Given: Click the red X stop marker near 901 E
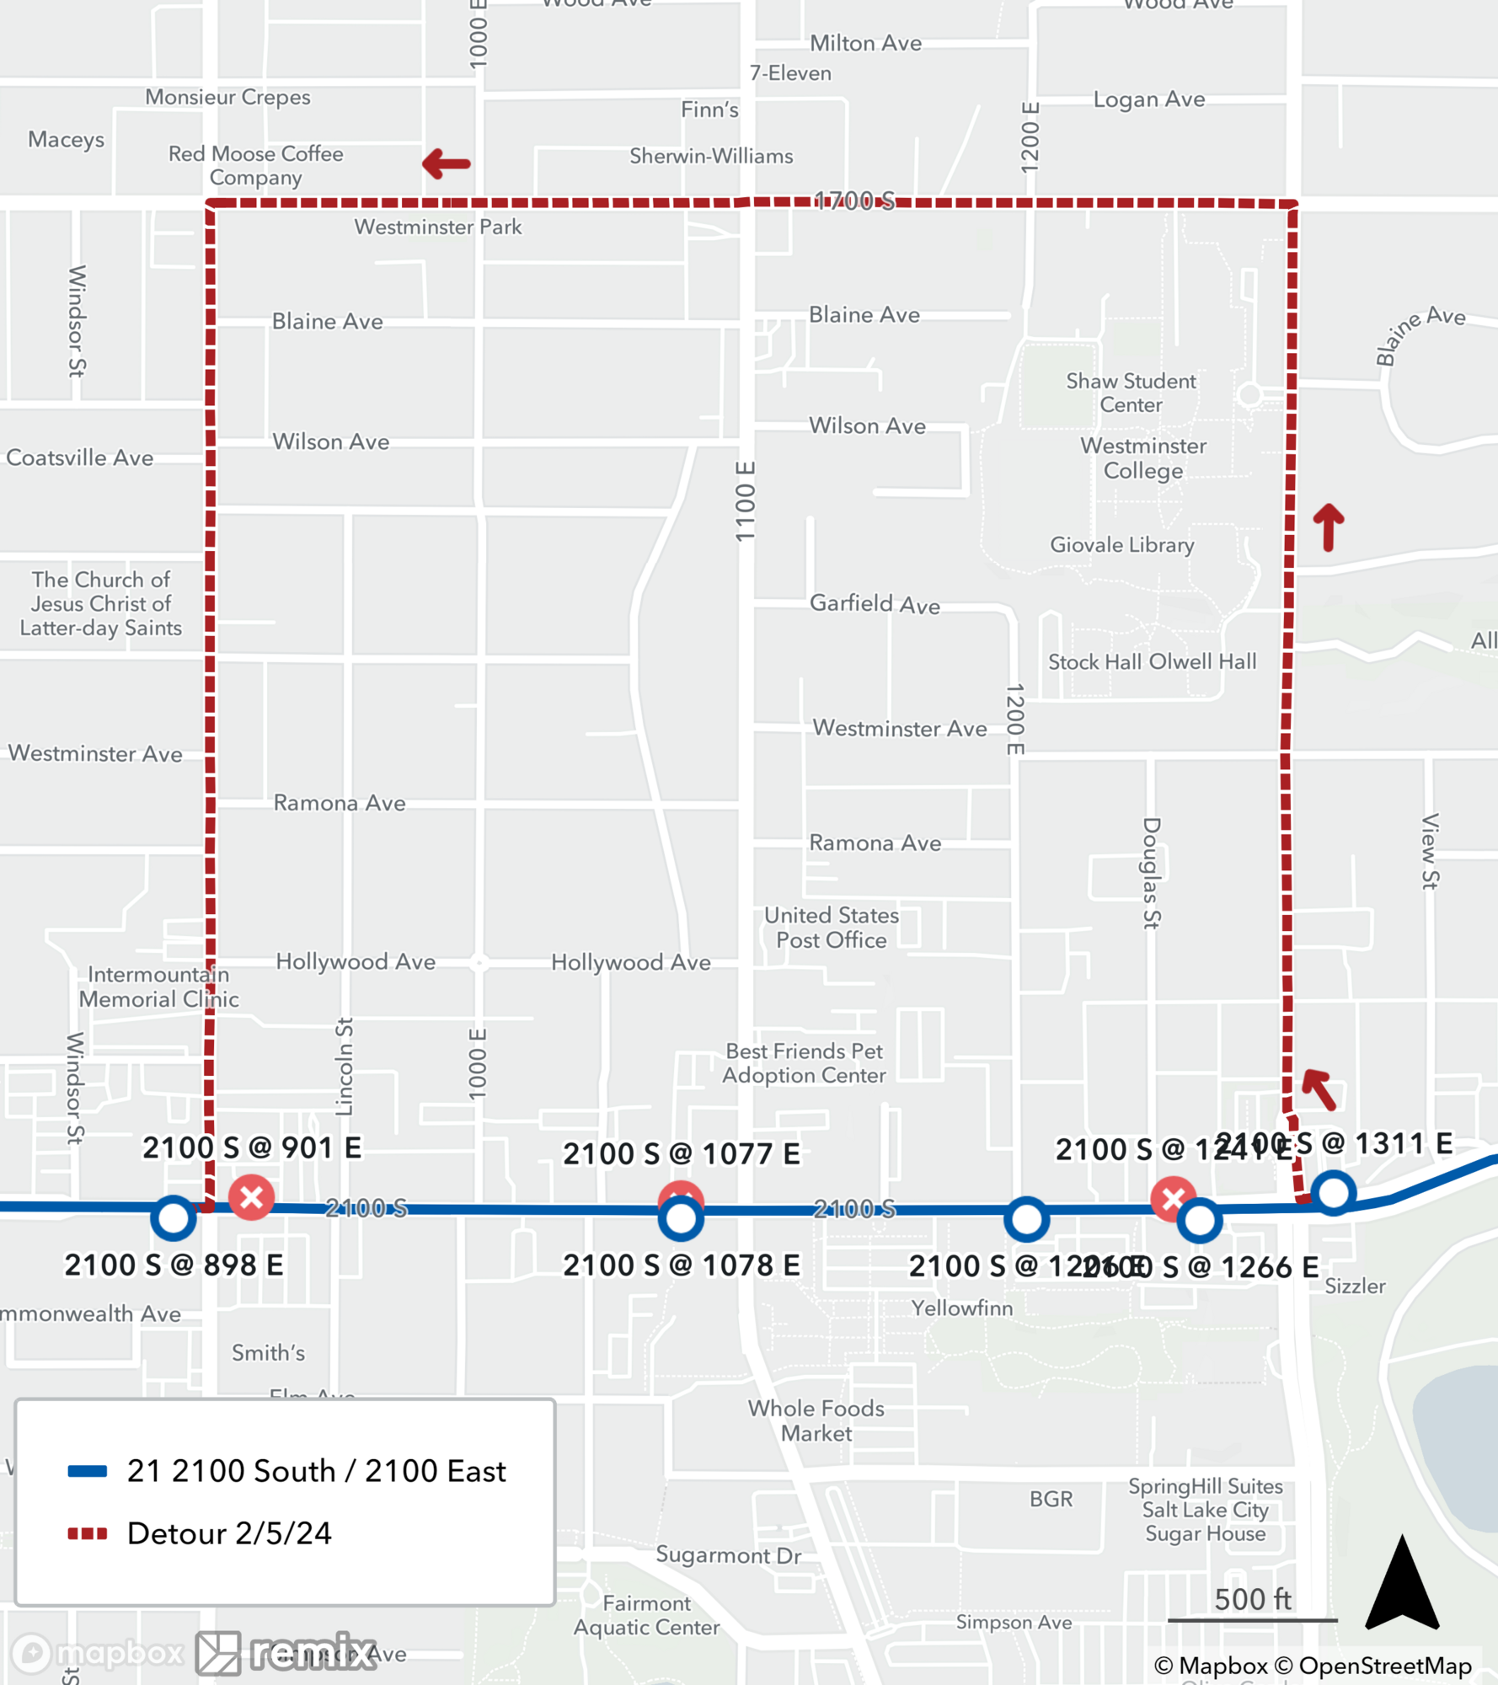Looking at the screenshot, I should pos(251,1197).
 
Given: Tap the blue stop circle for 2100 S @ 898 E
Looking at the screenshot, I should pos(174,1218).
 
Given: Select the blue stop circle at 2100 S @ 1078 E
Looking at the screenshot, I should pos(681,1219).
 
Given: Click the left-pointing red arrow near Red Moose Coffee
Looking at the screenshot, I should pos(446,163).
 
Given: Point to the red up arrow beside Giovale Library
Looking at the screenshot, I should pos(1329,527).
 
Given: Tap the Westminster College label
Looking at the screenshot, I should pos(1143,458).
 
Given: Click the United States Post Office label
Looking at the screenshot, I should pos(831,928).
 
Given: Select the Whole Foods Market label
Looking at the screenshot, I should pos(816,1420).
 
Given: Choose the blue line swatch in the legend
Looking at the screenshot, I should pos(88,1472).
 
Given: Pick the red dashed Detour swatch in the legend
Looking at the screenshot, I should pos(88,1533).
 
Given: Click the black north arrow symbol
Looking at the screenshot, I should pos(1402,1584).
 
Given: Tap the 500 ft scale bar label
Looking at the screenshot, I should pos(1252,1599).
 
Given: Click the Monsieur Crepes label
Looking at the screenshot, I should pos(227,97).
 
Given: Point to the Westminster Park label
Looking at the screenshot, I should pos(437,227).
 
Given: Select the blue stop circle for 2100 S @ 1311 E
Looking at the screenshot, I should pos(1333,1193).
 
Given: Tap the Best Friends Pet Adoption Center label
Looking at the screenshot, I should pos(805,1063).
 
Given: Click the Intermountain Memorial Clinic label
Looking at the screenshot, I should pos(158,987).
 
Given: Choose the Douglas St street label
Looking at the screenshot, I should pos(1152,873).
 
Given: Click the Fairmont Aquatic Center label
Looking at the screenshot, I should pos(646,1615).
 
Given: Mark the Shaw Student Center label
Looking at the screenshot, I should pos(1131,393).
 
